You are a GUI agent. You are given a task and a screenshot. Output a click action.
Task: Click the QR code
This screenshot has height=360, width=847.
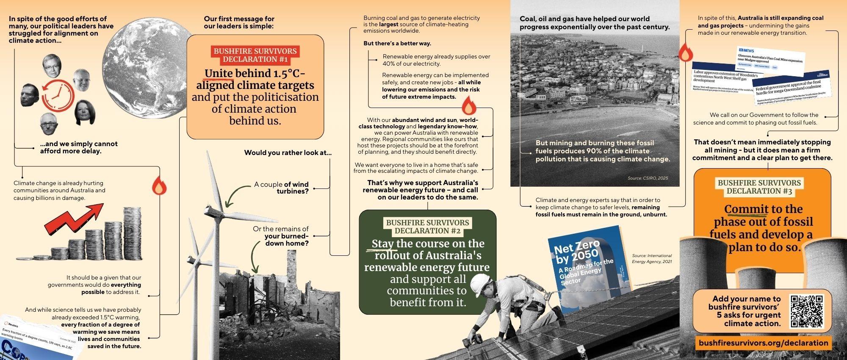click(x=807, y=312)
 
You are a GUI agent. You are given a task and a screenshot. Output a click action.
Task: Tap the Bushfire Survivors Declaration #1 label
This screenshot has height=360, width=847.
click(x=255, y=55)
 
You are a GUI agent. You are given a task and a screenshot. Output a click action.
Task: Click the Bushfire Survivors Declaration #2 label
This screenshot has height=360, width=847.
click(x=427, y=227)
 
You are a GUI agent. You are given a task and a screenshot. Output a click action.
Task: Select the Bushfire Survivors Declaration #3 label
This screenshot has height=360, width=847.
click(x=759, y=187)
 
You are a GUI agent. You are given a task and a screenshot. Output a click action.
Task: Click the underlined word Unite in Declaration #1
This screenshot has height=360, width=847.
click(x=219, y=74)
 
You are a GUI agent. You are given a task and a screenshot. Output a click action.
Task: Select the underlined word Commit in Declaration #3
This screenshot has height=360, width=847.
click(x=746, y=209)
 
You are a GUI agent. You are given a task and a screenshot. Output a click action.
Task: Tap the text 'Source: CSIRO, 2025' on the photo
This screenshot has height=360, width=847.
click(x=648, y=178)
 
